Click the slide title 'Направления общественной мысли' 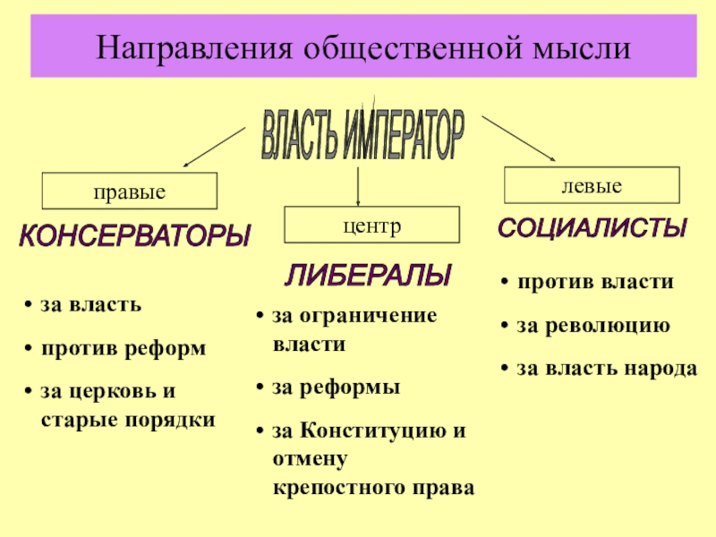[357, 46]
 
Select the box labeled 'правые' [131, 192]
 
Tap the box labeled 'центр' [371, 225]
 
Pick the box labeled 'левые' [592, 185]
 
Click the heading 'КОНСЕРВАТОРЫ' [135, 237]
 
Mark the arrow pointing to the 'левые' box [519, 139]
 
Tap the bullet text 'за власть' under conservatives [90, 304]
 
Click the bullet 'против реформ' [124, 347]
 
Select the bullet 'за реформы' [337, 387]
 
